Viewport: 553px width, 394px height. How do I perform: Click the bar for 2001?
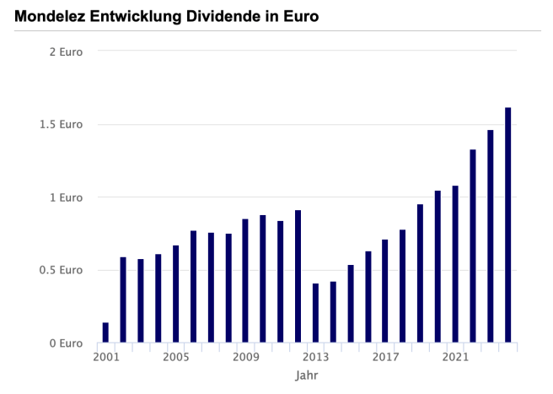click(x=105, y=332)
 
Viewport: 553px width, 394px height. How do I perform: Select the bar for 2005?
click(x=175, y=294)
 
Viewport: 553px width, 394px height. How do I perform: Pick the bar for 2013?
click(x=315, y=313)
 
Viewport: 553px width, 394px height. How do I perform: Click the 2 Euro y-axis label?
click(x=66, y=51)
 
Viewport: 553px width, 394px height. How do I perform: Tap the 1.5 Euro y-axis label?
click(x=60, y=125)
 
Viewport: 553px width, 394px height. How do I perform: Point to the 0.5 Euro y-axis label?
click(x=60, y=271)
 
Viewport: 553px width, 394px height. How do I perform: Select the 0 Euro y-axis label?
click(x=66, y=343)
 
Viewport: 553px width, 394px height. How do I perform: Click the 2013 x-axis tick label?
click(x=315, y=357)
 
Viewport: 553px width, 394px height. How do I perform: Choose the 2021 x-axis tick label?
click(x=455, y=357)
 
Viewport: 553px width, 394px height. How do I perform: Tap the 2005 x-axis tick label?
click(x=175, y=357)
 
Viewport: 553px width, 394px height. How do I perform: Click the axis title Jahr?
click(x=307, y=375)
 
